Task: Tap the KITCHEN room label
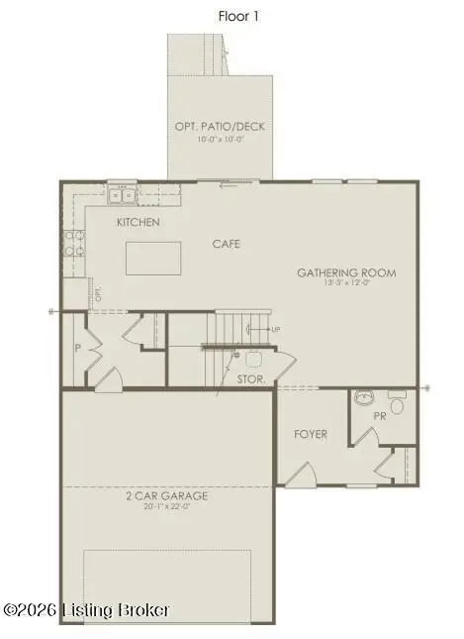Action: [138, 222]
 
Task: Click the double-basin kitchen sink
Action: [122, 194]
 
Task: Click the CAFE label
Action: [226, 243]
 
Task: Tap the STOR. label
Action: [250, 378]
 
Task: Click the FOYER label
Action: [311, 434]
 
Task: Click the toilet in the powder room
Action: [397, 404]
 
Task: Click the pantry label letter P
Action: [76, 348]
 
